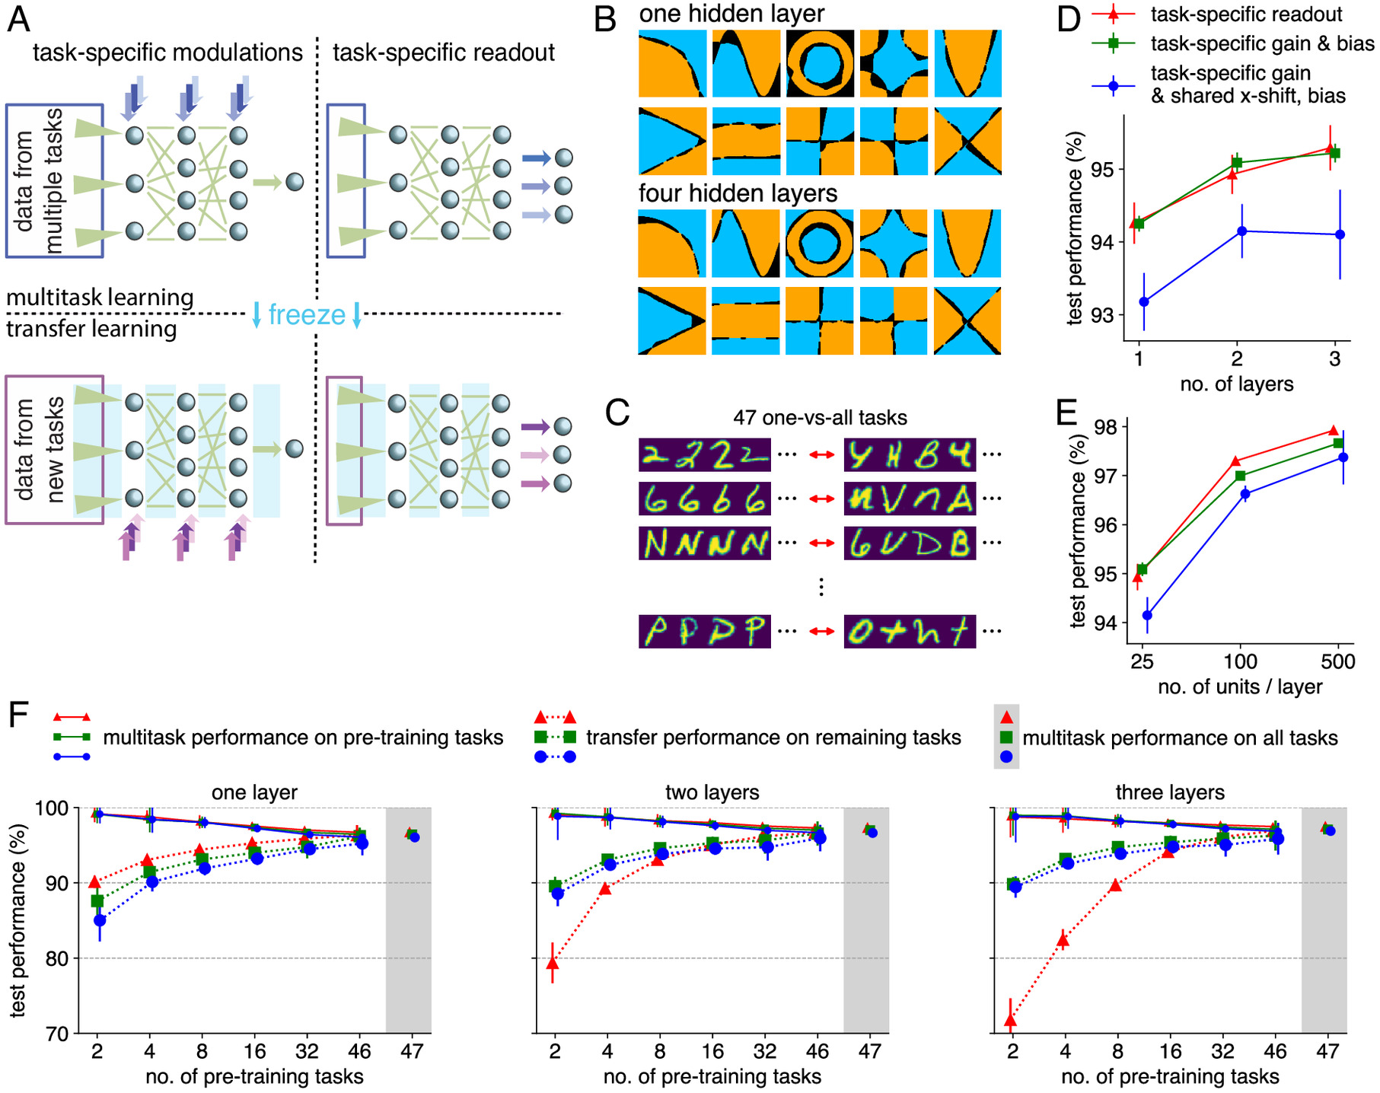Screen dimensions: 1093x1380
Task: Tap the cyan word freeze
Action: click(307, 314)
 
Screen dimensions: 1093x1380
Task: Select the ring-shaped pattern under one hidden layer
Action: click(819, 64)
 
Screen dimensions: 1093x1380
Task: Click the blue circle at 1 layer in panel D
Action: click(1143, 302)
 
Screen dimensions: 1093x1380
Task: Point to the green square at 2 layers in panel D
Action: click(1237, 162)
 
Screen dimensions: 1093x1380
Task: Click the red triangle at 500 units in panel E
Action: click(1334, 431)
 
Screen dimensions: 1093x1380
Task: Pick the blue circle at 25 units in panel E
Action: click(1147, 615)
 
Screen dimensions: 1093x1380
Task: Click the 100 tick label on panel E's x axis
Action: click(1240, 661)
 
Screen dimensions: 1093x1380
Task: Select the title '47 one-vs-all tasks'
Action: click(820, 418)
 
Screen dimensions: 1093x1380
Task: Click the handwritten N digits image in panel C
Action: click(705, 543)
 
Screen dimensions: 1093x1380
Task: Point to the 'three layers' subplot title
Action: click(1170, 792)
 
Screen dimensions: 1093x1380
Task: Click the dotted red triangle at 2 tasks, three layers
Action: click(1011, 1021)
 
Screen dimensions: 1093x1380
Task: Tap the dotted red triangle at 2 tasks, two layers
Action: click(553, 964)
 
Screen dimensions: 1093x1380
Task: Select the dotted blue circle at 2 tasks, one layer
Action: click(100, 920)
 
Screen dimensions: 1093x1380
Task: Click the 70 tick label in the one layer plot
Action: click(57, 1034)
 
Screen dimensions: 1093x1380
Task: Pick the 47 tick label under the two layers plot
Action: click(869, 1052)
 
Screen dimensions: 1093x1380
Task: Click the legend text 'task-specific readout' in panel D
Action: click(1246, 14)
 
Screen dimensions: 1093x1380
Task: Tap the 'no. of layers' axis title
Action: click(1236, 384)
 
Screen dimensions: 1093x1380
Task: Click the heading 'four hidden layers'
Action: click(738, 193)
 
